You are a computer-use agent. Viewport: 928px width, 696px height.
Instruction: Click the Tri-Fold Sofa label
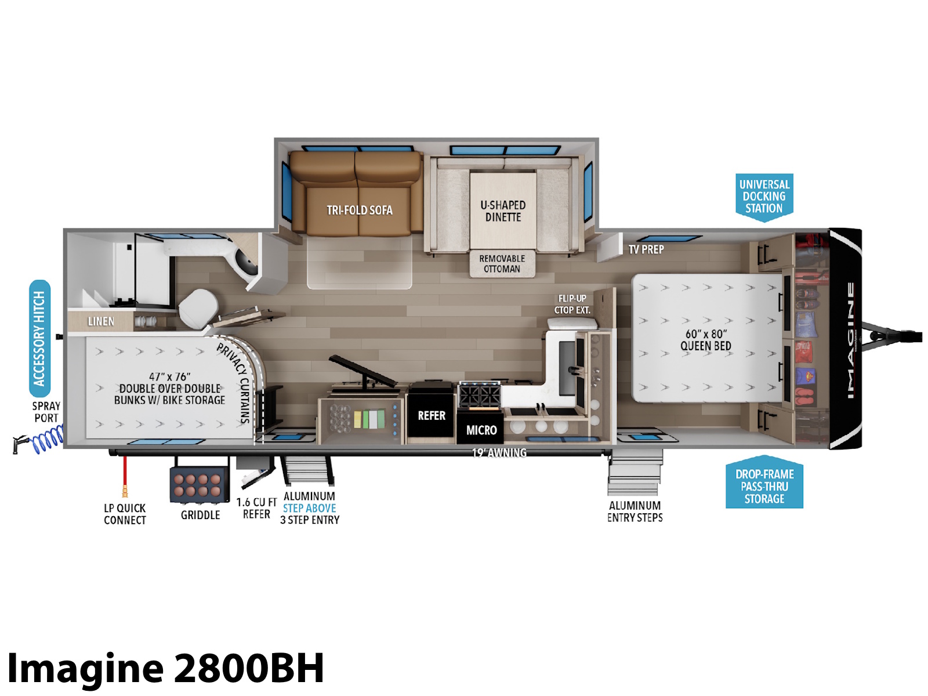click(360, 210)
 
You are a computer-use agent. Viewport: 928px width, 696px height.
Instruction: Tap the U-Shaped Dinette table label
click(503, 211)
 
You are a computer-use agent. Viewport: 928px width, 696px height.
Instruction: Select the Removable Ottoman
click(502, 264)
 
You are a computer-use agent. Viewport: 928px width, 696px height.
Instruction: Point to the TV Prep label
click(646, 249)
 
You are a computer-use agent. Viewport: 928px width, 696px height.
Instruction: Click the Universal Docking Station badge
click(764, 197)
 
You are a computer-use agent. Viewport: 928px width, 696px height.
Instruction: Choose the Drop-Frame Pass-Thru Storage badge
click(764, 482)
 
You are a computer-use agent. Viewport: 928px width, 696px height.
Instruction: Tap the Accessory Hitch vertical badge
click(40, 339)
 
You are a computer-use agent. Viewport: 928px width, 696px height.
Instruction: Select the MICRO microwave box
click(481, 427)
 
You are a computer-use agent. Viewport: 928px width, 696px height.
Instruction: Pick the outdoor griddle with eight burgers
click(199, 484)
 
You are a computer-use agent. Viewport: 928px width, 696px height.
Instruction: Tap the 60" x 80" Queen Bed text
click(706, 340)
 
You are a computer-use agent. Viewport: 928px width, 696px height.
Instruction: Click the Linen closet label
click(101, 321)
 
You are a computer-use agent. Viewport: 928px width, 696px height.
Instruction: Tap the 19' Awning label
click(499, 453)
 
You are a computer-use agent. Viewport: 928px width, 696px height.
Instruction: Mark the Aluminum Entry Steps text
click(635, 512)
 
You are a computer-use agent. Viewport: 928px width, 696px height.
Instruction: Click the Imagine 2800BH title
click(166, 668)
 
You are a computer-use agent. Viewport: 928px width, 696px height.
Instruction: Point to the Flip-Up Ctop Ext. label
click(572, 304)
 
